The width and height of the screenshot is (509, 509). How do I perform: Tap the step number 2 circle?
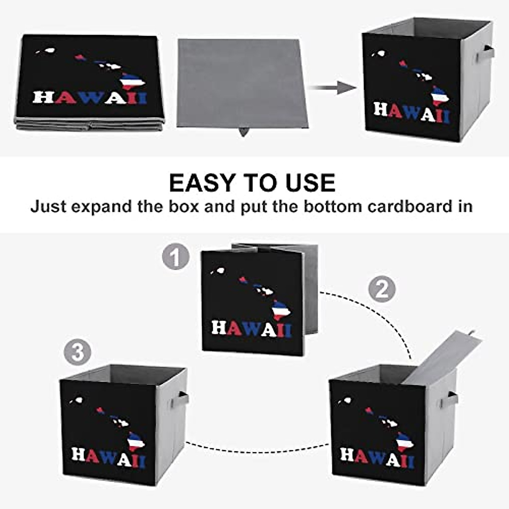pos(382,290)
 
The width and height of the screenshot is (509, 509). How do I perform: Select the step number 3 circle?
pos(78,352)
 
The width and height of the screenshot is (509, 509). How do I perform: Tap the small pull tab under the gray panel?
pos(243,132)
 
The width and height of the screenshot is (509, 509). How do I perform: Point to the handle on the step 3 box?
pos(181,400)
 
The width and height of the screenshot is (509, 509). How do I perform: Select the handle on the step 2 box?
pos(450,400)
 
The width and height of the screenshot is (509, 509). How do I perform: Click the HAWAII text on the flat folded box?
pos(89,98)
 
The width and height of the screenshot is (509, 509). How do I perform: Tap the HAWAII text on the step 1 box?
pos(252,329)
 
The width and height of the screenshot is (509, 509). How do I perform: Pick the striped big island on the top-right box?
pos(439,96)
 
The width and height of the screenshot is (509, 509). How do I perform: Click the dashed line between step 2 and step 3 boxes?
pos(257,445)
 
